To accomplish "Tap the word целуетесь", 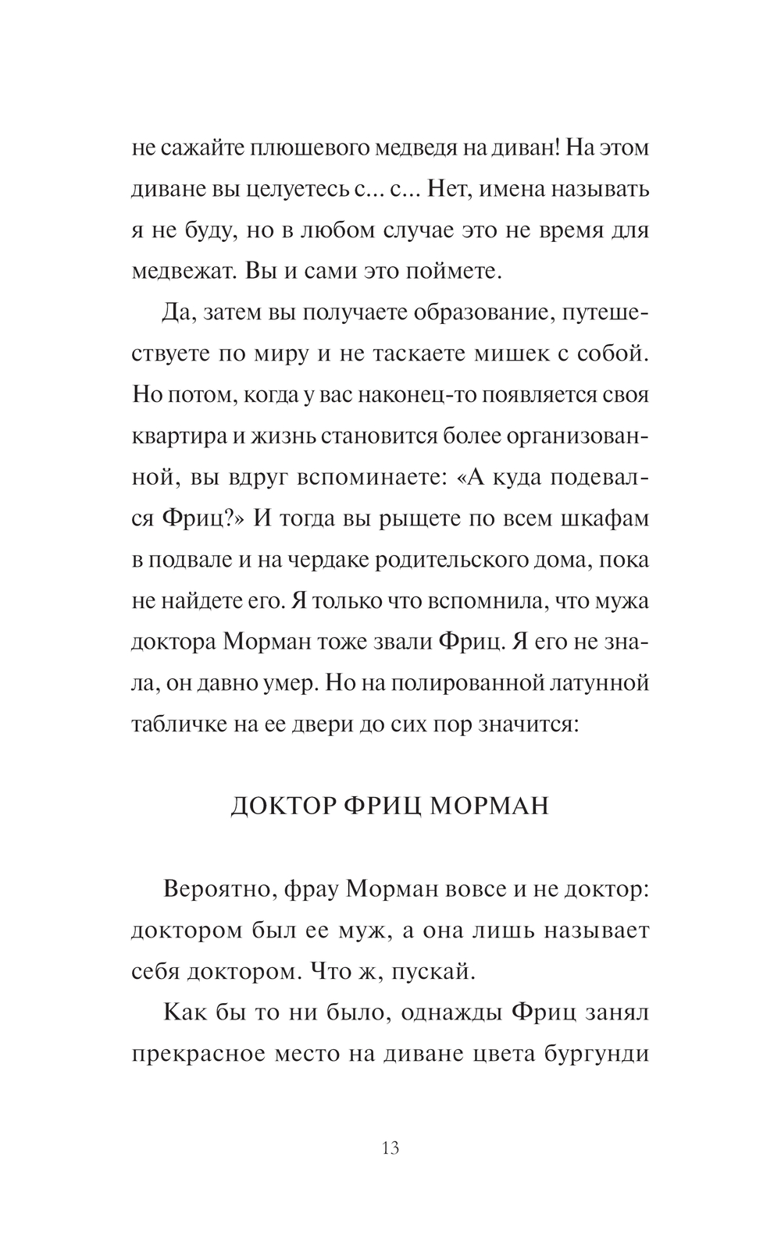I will pyautogui.click(x=297, y=190).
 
